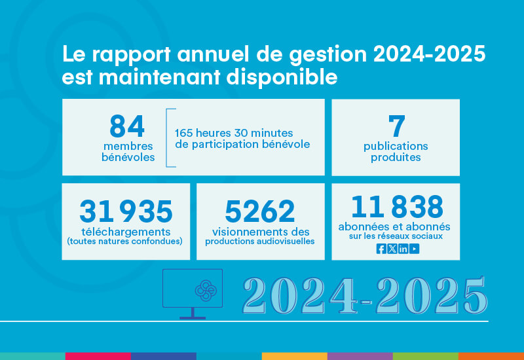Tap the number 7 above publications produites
coord(396,126)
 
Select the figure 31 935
coord(126,211)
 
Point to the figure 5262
coord(259,211)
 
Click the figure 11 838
coord(397,207)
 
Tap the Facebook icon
coord(381,248)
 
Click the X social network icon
coord(392,248)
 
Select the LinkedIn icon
coord(403,248)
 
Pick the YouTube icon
coord(415,248)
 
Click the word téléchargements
coord(124,232)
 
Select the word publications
coord(396,146)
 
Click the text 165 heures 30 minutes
coord(234,133)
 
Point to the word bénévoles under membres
coord(128,158)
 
